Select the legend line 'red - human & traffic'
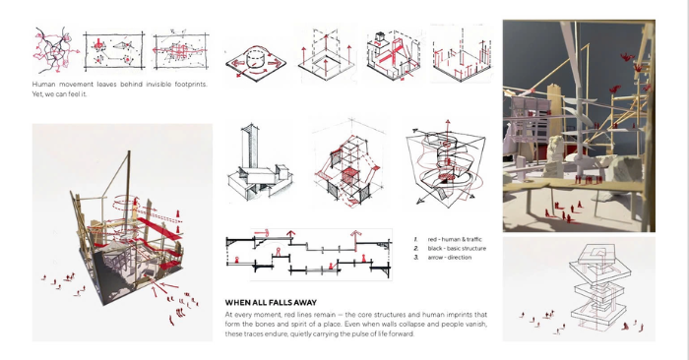pos(455,239)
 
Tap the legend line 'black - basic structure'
pos(457,249)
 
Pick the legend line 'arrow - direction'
pos(450,258)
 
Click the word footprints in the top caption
pos(191,84)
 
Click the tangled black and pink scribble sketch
pos(55,50)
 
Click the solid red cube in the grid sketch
pos(350,176)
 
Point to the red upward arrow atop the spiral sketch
pos(447,128)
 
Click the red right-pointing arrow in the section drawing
pos(262,233)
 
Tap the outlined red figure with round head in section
pos(278,253)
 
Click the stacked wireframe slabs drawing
pos(599,285)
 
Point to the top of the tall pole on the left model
pos(129,151)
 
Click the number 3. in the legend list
pos(416,258)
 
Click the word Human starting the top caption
pos(43,84)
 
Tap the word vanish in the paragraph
pos(476,324)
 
